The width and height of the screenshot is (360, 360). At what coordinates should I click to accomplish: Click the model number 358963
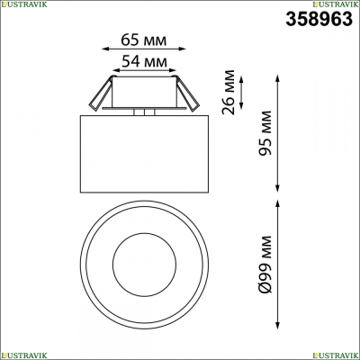click(319, 19)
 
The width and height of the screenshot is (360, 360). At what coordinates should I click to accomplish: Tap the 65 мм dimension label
click(143, 40)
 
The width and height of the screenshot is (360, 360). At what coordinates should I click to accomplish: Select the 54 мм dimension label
click(144, 61)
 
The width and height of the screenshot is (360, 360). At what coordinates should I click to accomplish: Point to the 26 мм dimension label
click(228, 92)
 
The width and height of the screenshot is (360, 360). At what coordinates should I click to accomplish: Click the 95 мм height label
click(265, 133)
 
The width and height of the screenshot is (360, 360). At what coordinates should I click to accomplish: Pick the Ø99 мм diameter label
click(265, 265)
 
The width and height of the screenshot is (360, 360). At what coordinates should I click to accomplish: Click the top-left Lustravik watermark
click(23, 4)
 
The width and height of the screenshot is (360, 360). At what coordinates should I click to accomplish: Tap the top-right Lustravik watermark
click(336, 4)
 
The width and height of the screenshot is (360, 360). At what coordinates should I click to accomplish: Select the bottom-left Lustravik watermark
click(23, 355)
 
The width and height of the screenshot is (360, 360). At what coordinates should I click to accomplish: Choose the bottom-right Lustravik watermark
click(336, 355)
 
